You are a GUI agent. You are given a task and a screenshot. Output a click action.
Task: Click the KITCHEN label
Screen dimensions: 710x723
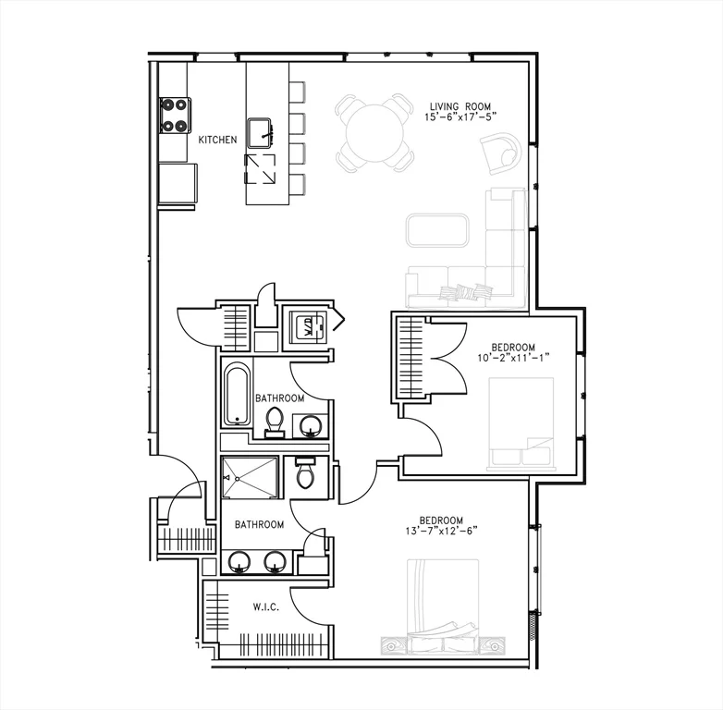pyautogui.click(x=217, y=140)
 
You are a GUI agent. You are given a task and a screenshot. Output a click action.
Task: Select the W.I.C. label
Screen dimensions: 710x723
pyautogui.click(x=267, y=607)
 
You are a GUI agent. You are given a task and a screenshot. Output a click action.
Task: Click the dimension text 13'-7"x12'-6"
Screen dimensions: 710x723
pyautogui.click(x=441, y=531)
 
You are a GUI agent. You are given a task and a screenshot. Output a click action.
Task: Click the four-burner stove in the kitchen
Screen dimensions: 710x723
pyautogui.click(x=175, y=116)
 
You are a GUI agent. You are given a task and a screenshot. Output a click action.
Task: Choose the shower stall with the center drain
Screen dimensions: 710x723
pyautogui.click(x=249, y=478)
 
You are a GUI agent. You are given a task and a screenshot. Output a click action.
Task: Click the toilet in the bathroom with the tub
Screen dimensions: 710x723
pyautogui.click(x=275, y=422)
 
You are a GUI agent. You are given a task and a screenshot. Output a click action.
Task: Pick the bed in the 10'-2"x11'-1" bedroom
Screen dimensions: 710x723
pyautogui.click(x=521, y=423)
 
